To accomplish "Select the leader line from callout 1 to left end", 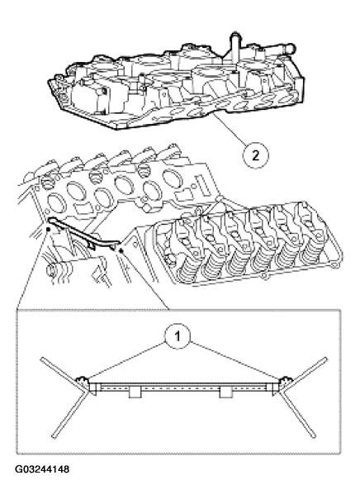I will coord(128,360).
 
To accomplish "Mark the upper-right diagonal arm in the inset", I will coord(310,369).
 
